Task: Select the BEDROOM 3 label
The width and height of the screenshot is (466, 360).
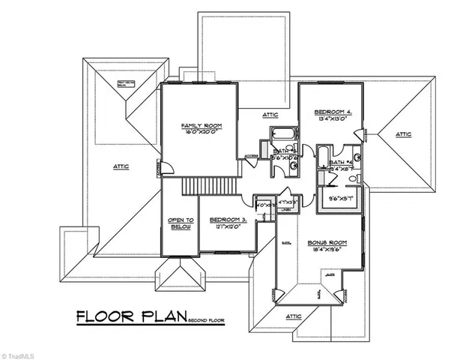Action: [x=226, y=218]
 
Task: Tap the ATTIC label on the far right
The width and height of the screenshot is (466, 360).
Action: [x=403, y=134]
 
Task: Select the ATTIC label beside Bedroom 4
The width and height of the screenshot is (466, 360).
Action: [x=270, y=115]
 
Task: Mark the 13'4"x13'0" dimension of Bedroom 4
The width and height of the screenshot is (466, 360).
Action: [x=333, y=118]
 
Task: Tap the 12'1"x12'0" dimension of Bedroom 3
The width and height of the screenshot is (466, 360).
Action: [x=226, y=225]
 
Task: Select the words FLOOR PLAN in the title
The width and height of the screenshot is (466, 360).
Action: [x=131, y=316]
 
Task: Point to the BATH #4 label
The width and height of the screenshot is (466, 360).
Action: [x=342, y=162]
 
